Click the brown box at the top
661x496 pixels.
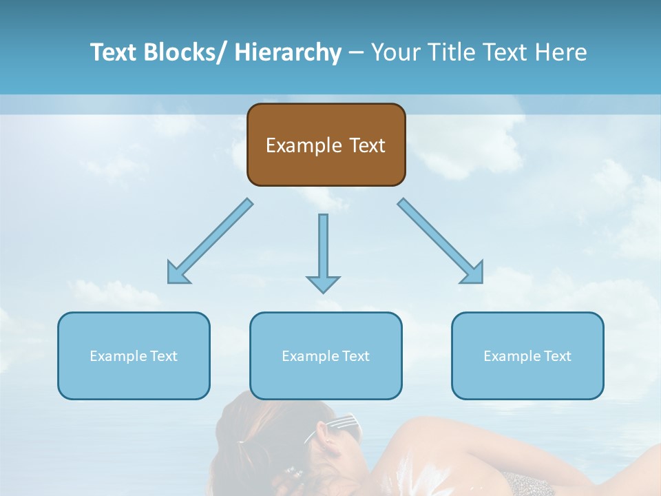click(326, 145)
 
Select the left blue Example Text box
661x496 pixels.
click(134, 355)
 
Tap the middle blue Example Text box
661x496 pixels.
click(326, 355)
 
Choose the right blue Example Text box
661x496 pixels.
click(527, 355)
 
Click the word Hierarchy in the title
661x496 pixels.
click(288, 52)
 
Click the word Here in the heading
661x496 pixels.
click(562, 52)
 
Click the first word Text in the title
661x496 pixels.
click(113, 52)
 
